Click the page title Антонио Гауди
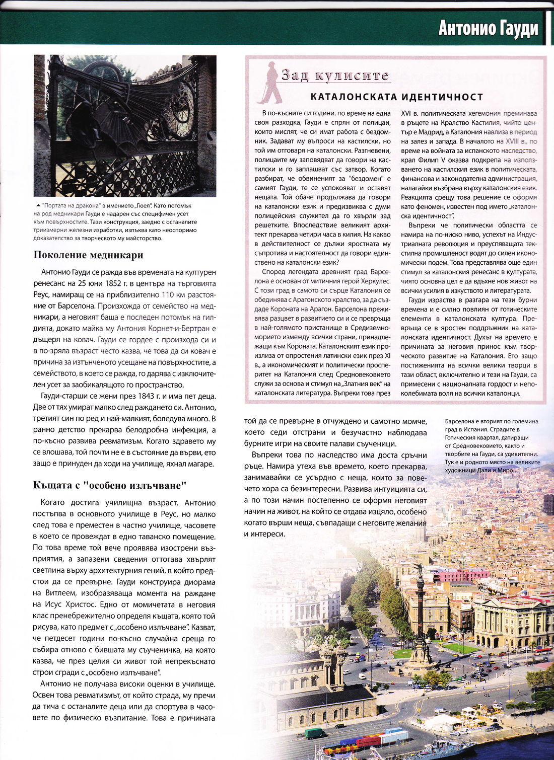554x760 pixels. [488, 28]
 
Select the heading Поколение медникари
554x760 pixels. [88, 255]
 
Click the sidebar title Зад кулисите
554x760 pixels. [335, 75]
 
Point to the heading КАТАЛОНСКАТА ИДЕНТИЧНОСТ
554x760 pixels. [396, 97]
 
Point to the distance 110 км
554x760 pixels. [174, 294]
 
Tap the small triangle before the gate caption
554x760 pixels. [38, 206]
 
